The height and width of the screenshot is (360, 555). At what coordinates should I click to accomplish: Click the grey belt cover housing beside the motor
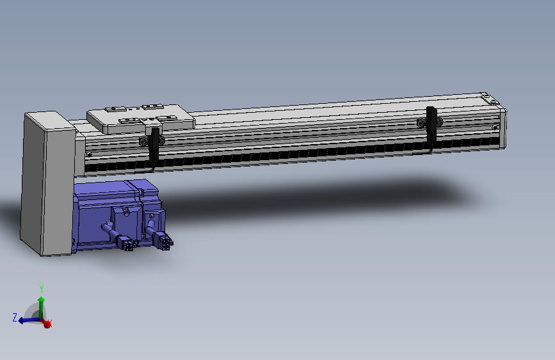click(x=47, y=184)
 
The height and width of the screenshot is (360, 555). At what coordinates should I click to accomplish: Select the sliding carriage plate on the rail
click(x=141, y=119)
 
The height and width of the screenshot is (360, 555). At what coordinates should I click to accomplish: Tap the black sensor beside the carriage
click(x=155, y=147)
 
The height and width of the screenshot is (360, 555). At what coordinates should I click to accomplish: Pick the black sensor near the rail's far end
click(x=431, y=126)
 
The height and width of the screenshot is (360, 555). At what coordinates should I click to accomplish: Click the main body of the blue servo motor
click(x=106, y=216)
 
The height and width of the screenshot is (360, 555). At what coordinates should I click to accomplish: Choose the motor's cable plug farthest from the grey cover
click(x=163, y=239)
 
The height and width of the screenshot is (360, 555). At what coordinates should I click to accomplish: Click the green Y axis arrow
click(x=42, y=307)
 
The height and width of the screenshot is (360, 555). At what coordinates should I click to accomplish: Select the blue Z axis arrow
click(x=29, y=320)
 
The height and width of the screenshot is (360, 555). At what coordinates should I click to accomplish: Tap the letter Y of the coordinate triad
click(x=42, y=288)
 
